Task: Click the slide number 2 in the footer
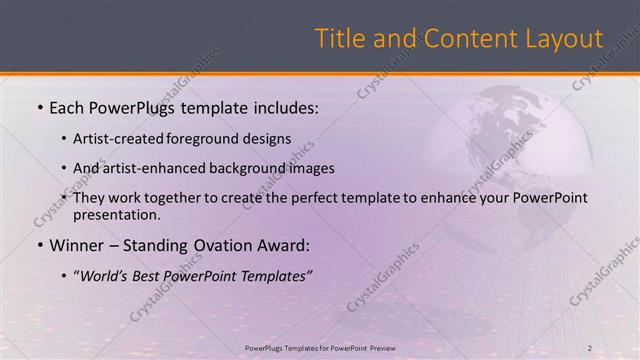click(590, 347)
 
